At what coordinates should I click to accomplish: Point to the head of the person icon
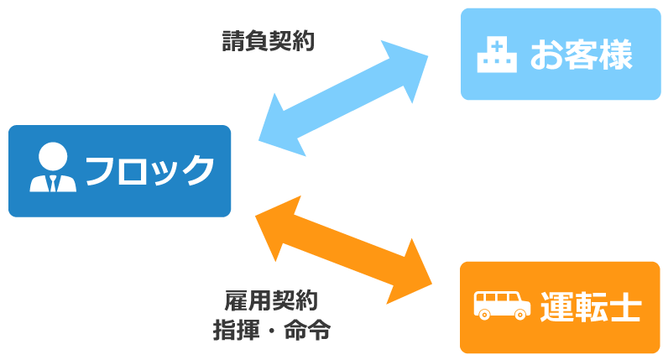(x=53, y=157)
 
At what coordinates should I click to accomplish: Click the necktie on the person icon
(x=53, y=182)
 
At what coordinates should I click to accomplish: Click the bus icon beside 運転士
(x=501, y=305)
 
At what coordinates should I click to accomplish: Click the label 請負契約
(x=268, y=41)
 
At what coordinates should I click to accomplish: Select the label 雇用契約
(x=270, y=300)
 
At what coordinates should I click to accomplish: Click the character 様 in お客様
(x=613, y=55)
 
